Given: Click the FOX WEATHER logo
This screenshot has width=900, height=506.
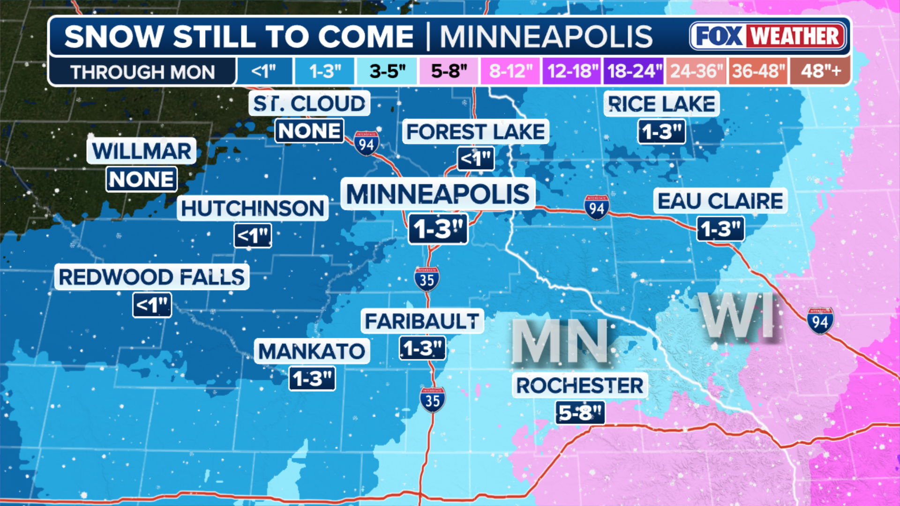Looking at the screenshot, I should (x=768, y=36).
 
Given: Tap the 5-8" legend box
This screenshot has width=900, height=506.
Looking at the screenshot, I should (x=449, y=71).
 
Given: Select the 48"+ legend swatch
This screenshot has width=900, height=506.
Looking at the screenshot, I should (x=820, y=71).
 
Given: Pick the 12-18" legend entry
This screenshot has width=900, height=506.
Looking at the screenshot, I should (x=572, y=71).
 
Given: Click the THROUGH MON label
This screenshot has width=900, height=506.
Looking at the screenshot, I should (x=142, y=72).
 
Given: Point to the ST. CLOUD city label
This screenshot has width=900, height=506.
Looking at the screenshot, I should (x=309, y=104).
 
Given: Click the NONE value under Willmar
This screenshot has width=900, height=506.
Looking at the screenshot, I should (x=142, y=179).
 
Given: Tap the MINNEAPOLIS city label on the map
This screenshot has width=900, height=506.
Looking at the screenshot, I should (x=438, y=194).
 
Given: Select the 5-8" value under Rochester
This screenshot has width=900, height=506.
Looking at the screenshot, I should (x=580, y=413).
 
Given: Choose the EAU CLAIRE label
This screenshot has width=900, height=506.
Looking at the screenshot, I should (x=720, y=201).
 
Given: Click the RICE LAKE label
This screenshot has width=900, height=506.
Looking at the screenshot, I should (x=661, y=104).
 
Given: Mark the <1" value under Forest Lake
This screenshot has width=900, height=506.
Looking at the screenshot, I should (x=476, y=159).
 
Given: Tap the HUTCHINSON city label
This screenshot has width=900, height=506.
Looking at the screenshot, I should (x=253, y=208).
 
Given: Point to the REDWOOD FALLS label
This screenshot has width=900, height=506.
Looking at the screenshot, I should (x=152, y=277).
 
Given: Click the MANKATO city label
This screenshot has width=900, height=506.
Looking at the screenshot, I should (x=312, y=351).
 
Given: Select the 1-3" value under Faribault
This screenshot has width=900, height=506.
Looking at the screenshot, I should (x=422, y=349).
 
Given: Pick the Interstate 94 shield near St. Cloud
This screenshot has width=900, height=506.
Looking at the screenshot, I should (x=366, y=143).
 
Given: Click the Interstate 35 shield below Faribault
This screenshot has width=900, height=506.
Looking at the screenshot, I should (x=432, y=400).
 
